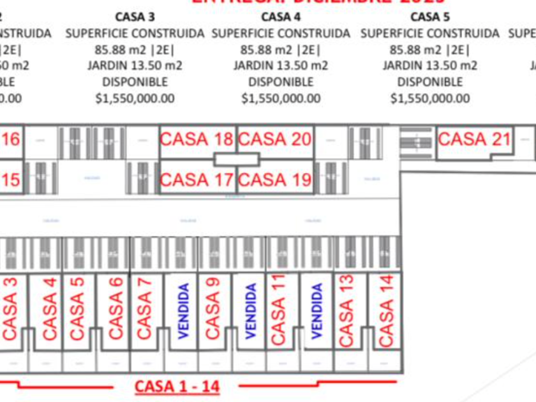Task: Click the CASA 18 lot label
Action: [x=197, y=139]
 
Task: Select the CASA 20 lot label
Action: [x=275, y=139]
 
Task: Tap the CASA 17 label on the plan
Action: [x=197, y=181]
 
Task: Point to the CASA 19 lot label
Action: [x=275, y=181]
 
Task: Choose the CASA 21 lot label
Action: [x=475, y=138]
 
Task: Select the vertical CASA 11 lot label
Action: [x=278, y=310]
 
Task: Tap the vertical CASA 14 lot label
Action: [x=387, y=310]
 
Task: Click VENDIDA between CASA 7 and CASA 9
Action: [x=184, y=310]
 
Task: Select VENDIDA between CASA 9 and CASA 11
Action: [x=251, y=310]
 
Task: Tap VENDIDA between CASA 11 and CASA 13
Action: [x=317, y=310]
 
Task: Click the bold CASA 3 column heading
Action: [x=135, y=16]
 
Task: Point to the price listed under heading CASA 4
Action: [x=281, y=98]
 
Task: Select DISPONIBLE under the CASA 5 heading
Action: [x=430, y=82]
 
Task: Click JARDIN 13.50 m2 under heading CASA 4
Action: [x=281, y=65]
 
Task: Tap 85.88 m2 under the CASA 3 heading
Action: [x=135, y=49]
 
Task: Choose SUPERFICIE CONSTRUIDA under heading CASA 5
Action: [x=430, y=33]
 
